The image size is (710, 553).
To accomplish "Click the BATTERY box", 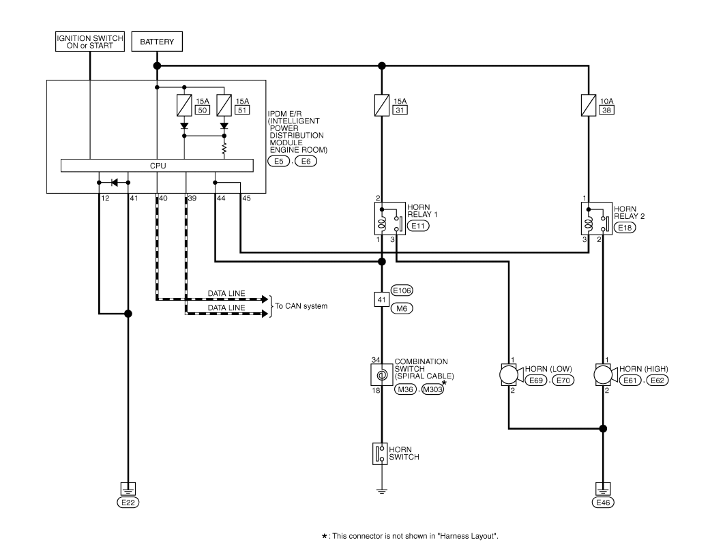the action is tap(157, 42).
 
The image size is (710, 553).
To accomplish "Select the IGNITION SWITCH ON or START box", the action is tap(89, 42).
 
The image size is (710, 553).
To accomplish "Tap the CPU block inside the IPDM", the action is tap(157, 166).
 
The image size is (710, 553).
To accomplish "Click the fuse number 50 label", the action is tap(203, 110).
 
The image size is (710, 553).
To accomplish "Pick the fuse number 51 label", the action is tap(242, 110).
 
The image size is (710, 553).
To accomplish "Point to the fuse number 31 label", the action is tap(400, 110).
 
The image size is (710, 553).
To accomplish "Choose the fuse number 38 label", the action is tap(607, 110).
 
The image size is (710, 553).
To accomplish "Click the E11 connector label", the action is tap(418, 226).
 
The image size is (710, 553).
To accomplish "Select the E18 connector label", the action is tap(625, 227).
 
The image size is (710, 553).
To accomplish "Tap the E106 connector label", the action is tap(402, 290).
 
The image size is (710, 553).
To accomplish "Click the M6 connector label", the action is tap(402, 309).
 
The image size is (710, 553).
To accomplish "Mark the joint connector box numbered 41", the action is tap(382, 299).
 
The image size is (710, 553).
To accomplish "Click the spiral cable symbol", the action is tap(382, 375).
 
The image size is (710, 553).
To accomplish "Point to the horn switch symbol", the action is tap(380, 453).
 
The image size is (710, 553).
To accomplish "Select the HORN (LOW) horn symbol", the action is tap(512, 375).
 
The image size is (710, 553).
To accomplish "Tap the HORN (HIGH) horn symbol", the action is tap(606, 375).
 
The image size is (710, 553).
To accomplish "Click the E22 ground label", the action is tap(128, 503).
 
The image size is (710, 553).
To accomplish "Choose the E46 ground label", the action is tap(603, 503).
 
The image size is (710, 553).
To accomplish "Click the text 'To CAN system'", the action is tap(301, 306).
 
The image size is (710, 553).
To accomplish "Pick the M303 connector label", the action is tap(433, 389).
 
